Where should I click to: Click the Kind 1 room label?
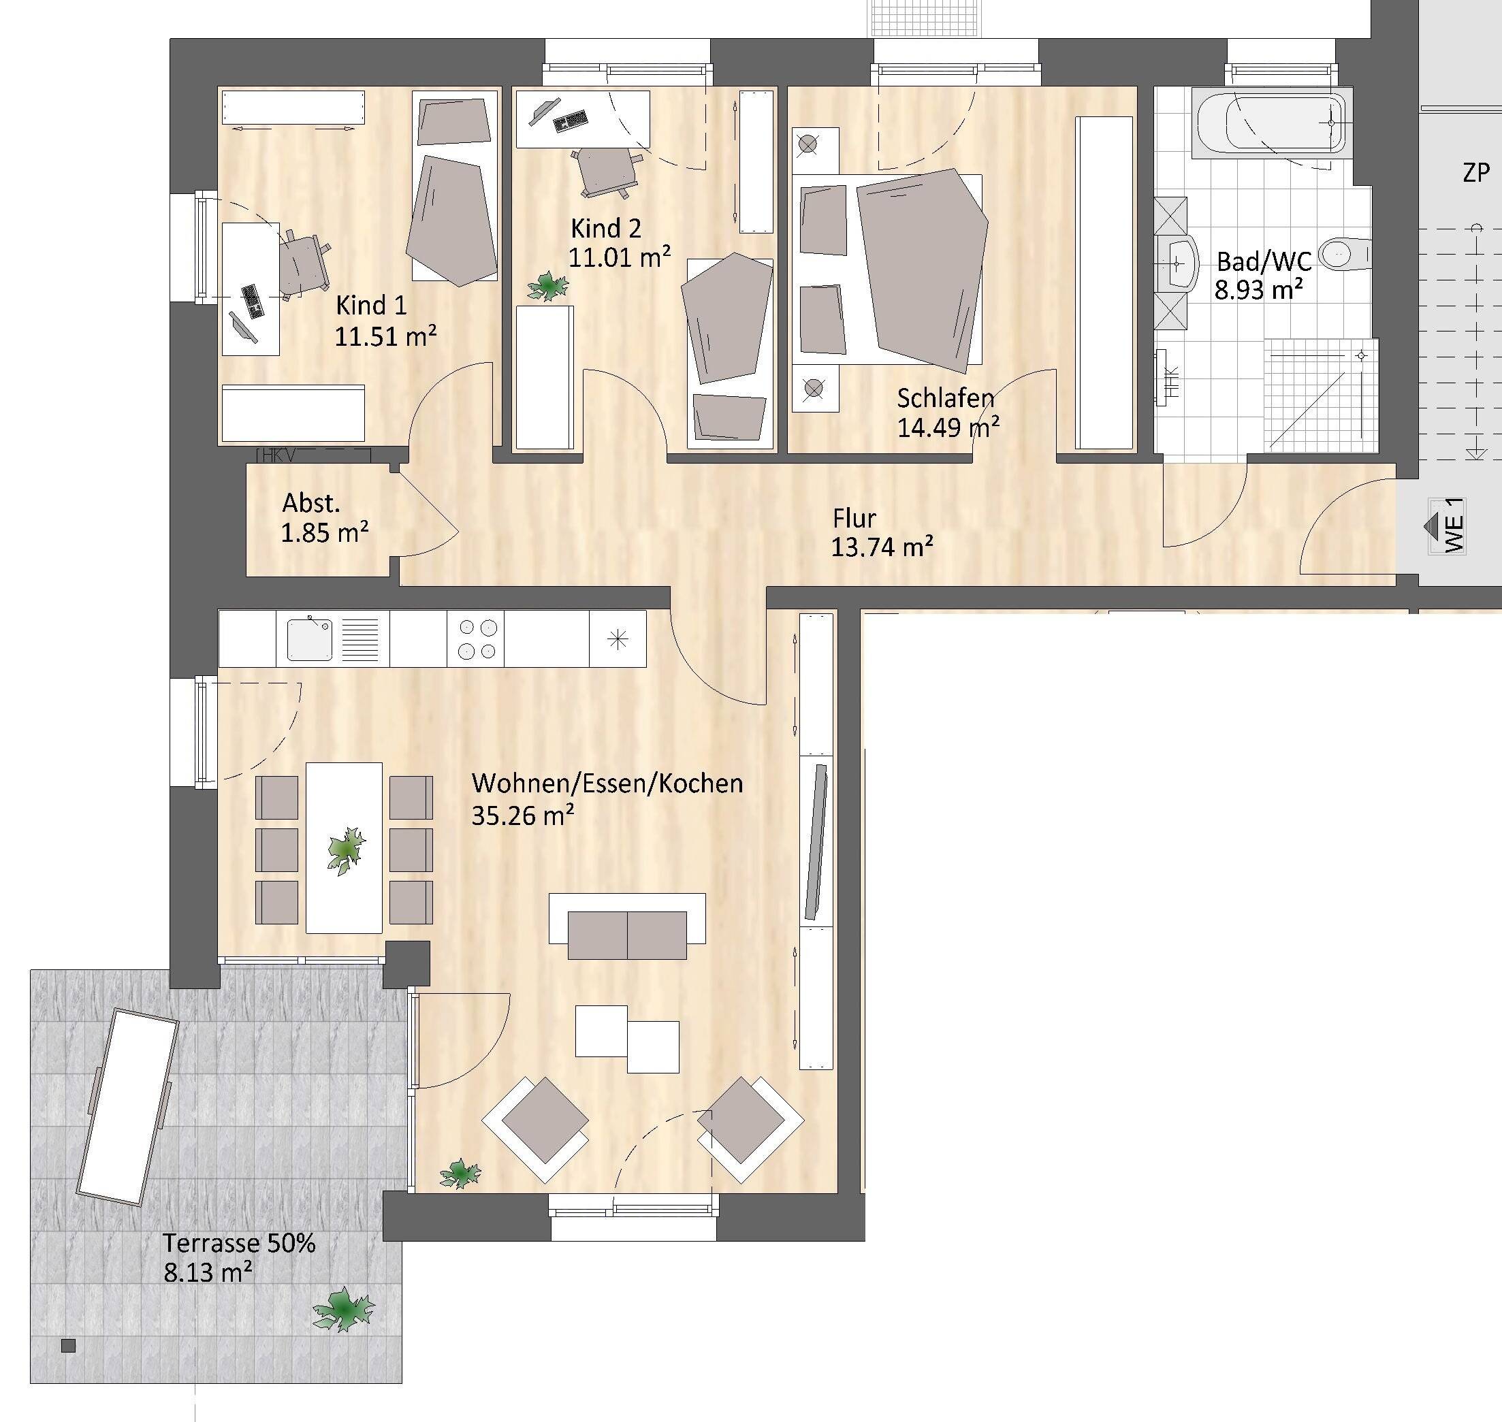(371, 306)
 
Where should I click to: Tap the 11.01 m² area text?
(619, 258)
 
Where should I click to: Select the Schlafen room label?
(945, 398)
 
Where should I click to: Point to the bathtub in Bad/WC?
(1271, 123)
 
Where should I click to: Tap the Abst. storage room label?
(311, 503)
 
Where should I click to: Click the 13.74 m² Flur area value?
(881, 547)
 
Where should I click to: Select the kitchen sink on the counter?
(309, 639)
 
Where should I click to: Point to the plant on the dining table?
(347, 850)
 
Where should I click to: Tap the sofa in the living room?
(627, 928)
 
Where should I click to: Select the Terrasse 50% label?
(239, 1244)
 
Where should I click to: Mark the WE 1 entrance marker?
(1446, 526)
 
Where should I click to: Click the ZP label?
(1475, 173)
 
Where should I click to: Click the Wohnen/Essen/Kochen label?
(607, 783)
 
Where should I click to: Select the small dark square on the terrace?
(69, 1346)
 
